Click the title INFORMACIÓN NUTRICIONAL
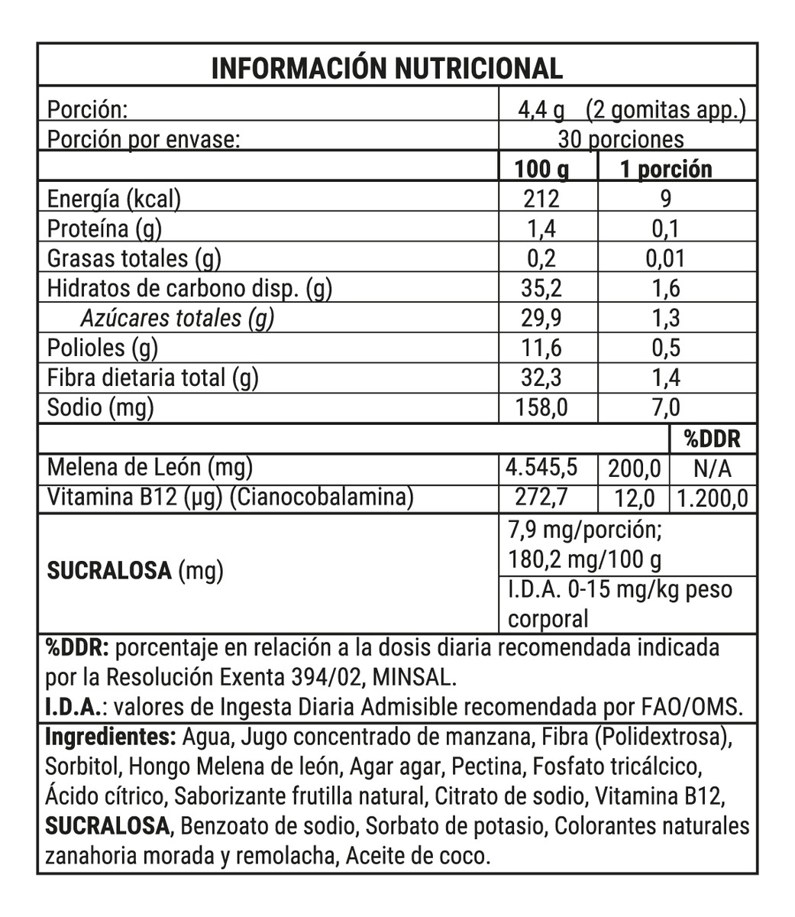point(386,69)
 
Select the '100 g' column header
point(542,169)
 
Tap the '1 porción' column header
point(665,169)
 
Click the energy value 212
point(541,199)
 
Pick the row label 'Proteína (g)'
point(105,228)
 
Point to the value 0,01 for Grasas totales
point(664,258)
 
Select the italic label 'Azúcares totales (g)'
point(176,318)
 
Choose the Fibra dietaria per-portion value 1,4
point(665,377)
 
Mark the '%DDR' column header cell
point(712,439)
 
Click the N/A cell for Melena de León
point(712,468)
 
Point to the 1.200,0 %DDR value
point(712,498)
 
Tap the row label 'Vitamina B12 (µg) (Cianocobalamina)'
point(230,497)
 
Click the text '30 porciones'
point(621,139)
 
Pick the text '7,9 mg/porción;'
point(585,530)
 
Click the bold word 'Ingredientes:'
point(111,738)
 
